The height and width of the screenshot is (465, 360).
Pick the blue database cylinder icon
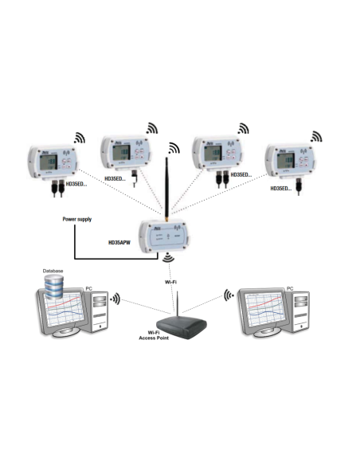53,286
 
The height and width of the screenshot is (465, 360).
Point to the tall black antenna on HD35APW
169,180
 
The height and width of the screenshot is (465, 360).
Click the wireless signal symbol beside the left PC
116,300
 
